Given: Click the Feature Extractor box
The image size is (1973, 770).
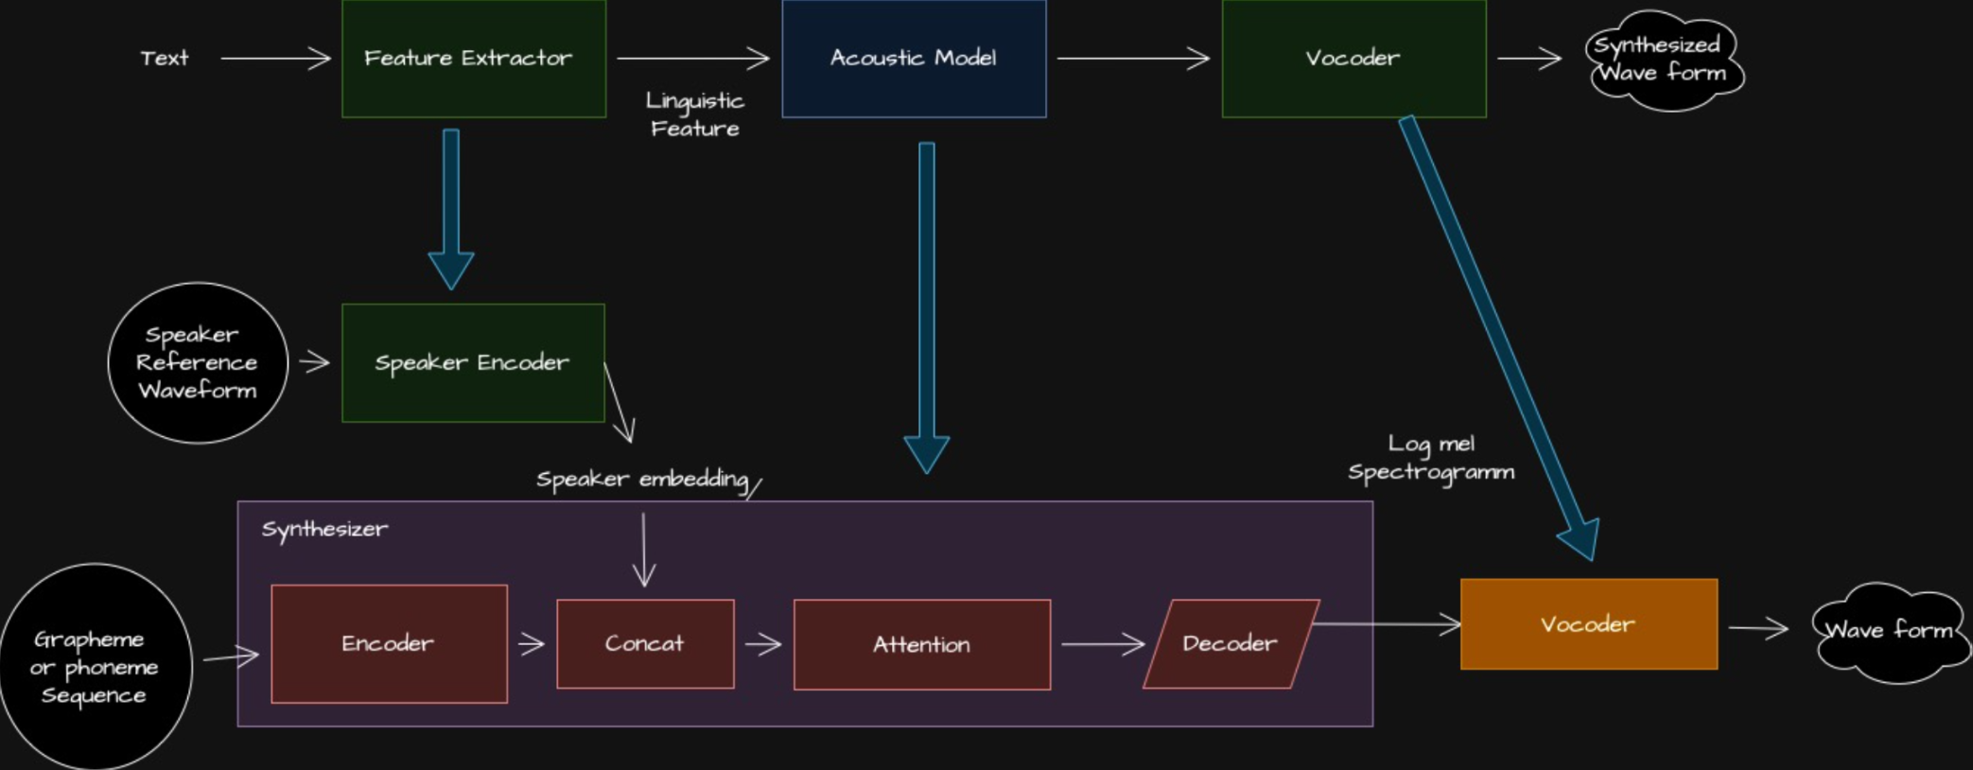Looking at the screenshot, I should point(473,59).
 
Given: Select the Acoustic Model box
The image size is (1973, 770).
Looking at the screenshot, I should point(914,59).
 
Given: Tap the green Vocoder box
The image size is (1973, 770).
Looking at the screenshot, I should point(1353,59).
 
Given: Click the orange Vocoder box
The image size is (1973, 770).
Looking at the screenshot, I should point(1589,624).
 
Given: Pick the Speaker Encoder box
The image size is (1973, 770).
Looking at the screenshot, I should point(473,362).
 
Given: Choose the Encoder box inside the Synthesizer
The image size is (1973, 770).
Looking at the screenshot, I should point(389,644).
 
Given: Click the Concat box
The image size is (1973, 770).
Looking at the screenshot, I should point(645,644).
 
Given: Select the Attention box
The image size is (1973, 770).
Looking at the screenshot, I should point(922,645).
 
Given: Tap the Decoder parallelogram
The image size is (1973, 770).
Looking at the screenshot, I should point(1231,644).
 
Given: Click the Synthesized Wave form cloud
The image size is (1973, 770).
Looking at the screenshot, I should point(1664,60).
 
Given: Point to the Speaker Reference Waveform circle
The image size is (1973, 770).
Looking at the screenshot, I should point(198,362).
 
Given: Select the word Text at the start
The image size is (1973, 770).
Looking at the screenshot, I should point(165,59).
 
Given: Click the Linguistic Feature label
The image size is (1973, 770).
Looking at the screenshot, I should point(695,114).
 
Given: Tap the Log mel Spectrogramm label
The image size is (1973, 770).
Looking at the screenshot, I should point(1431,458).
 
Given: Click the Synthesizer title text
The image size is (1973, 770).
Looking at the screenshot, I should point(324,530).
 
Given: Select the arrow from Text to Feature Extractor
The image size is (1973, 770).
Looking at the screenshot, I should point(275,59).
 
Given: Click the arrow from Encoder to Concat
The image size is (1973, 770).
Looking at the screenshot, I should point(532,644).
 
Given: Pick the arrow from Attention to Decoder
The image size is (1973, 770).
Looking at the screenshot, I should point(1102,644).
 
